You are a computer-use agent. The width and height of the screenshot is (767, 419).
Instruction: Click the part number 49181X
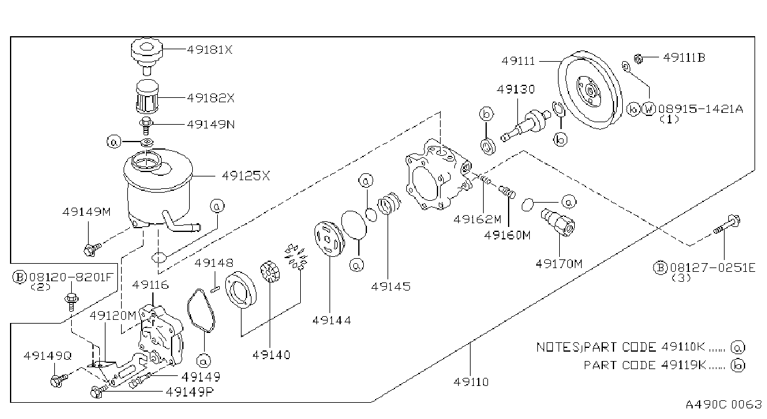coord(210,50)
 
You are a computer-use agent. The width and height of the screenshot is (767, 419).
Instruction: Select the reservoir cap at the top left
coord(147,55)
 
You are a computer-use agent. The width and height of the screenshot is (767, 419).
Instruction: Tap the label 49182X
coord(210,98)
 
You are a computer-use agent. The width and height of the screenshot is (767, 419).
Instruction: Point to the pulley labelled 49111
coord(590,90)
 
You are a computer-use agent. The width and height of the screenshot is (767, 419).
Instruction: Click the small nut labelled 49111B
coord(638,59)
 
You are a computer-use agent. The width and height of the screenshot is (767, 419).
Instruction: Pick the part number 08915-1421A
coord(701,109)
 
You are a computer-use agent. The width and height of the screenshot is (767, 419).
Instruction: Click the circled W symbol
coord(648,109)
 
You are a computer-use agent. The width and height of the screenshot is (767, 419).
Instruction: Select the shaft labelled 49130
coord(525,125)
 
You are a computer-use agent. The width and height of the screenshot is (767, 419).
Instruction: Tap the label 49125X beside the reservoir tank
coord(246,176)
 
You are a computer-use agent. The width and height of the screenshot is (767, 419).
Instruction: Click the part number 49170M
coord(559,264)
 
